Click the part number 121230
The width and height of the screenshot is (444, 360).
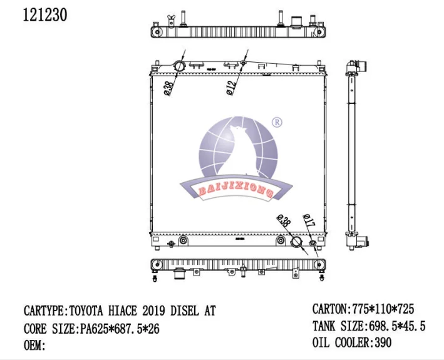[x=44, y=15]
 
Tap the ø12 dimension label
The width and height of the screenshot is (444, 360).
[x=231, y=88]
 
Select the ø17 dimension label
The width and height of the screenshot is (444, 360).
[x=309, y=221]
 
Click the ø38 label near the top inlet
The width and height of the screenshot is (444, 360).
[x=168, y=88]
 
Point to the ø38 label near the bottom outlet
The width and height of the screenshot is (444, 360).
[x=284, y=220]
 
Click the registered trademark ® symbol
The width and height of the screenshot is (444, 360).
[x=277, y=122]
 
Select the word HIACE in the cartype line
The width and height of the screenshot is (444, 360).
[x=122, y=311]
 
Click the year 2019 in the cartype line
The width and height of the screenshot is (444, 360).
[x=153, y=311]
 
